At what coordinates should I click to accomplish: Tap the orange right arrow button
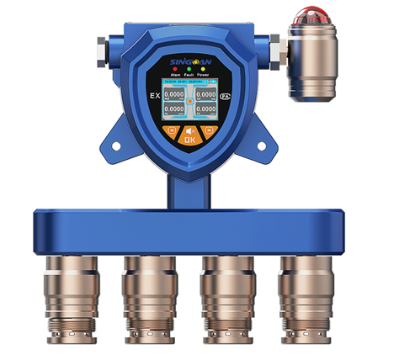point(211,131)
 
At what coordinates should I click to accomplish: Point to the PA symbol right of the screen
point(224,98)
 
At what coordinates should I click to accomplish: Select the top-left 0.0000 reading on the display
point(174,95)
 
